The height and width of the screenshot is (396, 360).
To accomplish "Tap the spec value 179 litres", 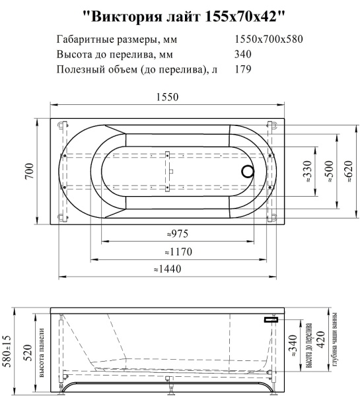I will (x=244, y=68).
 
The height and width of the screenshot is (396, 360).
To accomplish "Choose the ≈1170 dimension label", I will (x=176, y=251).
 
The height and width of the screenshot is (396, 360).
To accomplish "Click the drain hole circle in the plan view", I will (x=247, y=172).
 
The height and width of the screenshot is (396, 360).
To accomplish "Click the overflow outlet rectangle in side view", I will (x=270, y=319).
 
